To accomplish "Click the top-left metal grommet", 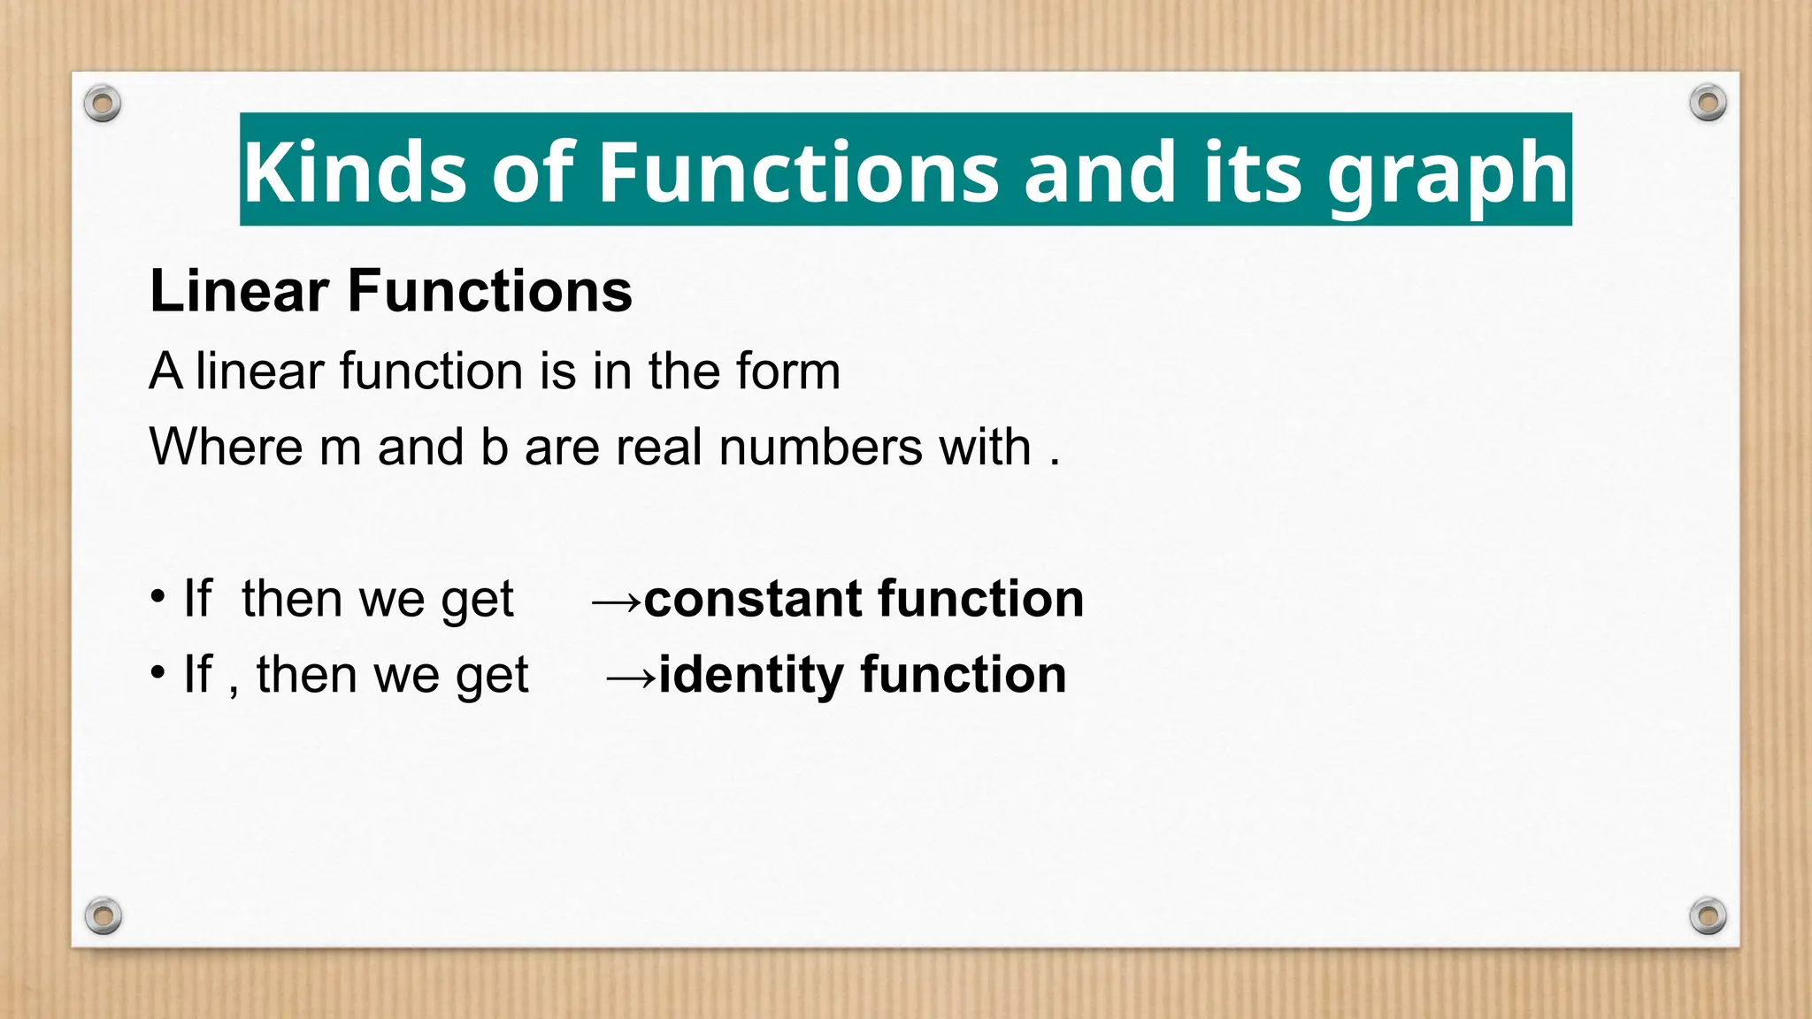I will pos(103,104).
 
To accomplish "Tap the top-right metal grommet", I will pos(1708,103).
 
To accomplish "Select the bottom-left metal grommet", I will pos(104,916).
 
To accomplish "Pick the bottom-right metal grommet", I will pos(1708,916).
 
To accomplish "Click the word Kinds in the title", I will pos(354,172).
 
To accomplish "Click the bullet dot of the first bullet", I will pos(157,597).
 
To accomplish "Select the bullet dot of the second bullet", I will pos(157,673).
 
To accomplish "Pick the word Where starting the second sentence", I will pos(226,447).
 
